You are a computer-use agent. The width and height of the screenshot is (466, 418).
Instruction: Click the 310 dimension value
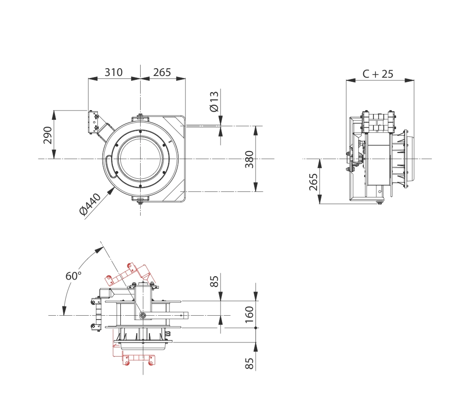click(x=113, y=72)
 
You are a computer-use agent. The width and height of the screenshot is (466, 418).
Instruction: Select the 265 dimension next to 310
click(x=162, y=72)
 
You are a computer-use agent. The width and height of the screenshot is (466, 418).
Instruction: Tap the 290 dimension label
click(x=48, y=135)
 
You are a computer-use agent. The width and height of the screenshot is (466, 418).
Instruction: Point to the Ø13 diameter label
click(x=214, y=101)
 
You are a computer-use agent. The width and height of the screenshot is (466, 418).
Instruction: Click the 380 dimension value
click(x=249, y=159)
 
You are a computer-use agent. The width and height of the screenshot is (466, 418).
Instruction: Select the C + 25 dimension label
click(x=378, y=74)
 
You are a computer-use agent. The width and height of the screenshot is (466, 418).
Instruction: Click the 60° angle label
click(x=74, y=276)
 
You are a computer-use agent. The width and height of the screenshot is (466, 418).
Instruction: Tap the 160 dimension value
click(x=249, y=315)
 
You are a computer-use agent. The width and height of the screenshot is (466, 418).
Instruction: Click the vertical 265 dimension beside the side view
click(x=313, y=182)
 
